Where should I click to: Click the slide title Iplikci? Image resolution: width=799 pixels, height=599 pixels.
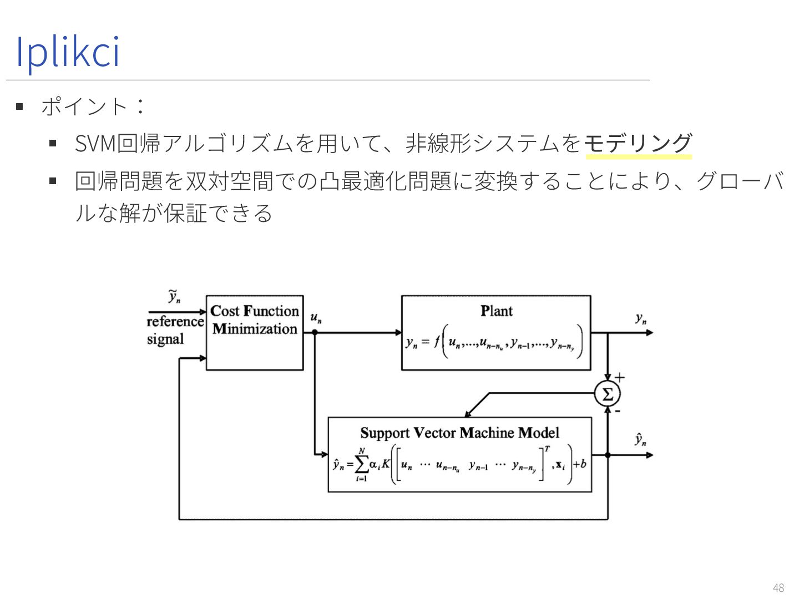[68, 52]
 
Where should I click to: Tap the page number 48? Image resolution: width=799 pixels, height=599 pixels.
[778, 587]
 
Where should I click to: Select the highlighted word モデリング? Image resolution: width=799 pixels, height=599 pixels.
[638, 144]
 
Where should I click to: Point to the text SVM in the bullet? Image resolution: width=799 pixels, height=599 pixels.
[95, 144]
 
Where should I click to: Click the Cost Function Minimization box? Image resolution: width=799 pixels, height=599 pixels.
[255, 333]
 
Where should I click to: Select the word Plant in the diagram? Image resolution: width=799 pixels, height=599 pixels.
[497, 311]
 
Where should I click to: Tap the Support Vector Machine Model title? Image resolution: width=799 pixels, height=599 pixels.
[459, 433]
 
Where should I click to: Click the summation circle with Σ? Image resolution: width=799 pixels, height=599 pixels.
[608, 394]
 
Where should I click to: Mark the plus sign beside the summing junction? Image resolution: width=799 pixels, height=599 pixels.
[620, 378]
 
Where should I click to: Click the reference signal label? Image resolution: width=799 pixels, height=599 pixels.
[174, 330]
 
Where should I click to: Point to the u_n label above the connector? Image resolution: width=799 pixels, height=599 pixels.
[316, 318]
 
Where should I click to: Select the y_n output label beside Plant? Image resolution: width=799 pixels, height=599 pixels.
[641, 319]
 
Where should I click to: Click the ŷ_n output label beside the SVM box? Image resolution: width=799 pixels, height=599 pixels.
[641, 440]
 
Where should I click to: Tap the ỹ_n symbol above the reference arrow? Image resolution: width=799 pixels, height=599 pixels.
[174, 297]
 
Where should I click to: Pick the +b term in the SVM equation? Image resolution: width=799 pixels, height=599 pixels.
[579, 464]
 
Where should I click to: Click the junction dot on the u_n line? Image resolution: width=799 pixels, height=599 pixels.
[315, 333]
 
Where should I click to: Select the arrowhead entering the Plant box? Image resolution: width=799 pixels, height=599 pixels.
[398, 333]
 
